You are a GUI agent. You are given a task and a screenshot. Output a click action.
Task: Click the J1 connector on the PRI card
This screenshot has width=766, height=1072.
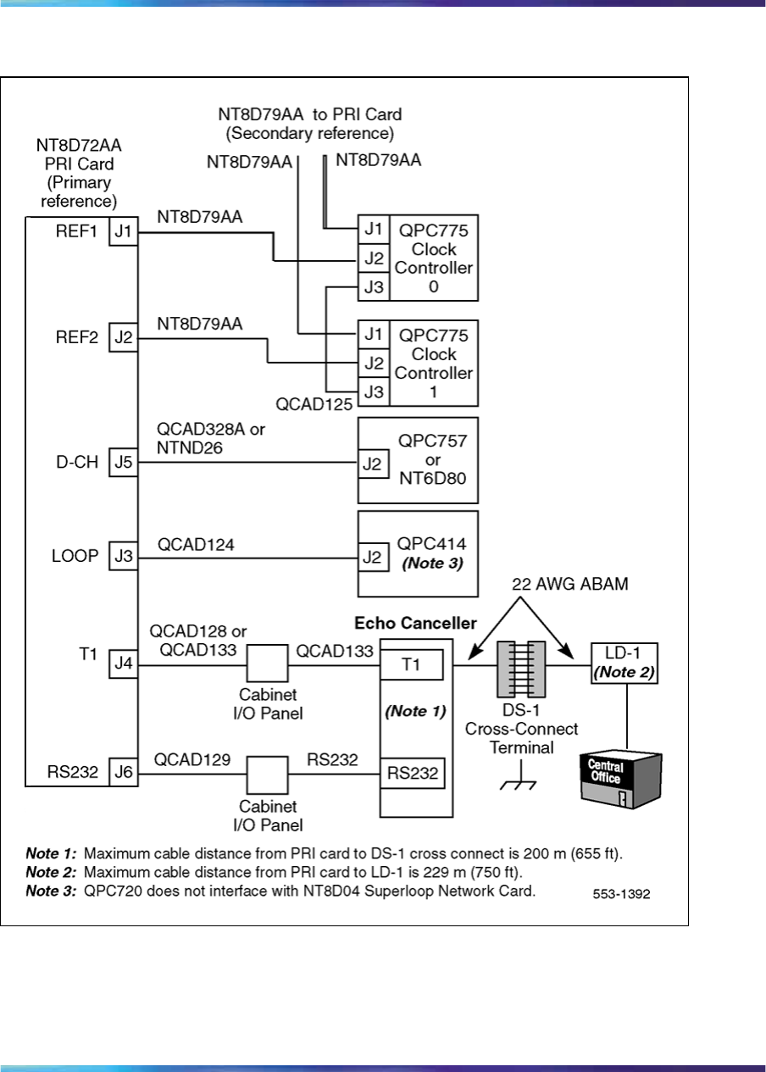123,232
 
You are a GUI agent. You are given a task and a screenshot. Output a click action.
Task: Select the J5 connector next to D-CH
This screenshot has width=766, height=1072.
123,463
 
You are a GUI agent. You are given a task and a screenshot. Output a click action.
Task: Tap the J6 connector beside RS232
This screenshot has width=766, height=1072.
123,772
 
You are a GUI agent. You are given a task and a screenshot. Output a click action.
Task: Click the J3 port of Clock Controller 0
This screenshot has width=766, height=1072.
371,288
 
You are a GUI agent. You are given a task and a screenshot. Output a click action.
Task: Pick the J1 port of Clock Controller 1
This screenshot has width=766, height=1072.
371,334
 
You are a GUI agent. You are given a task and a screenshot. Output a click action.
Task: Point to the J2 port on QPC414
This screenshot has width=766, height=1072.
371,558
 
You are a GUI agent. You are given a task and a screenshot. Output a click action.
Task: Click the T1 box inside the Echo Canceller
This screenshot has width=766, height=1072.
411,665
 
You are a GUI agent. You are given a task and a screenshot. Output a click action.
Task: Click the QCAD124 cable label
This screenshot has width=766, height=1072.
196,547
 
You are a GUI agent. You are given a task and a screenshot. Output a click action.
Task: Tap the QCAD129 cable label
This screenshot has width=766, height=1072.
192,760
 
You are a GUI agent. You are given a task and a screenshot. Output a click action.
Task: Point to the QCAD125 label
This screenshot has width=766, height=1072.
314,404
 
